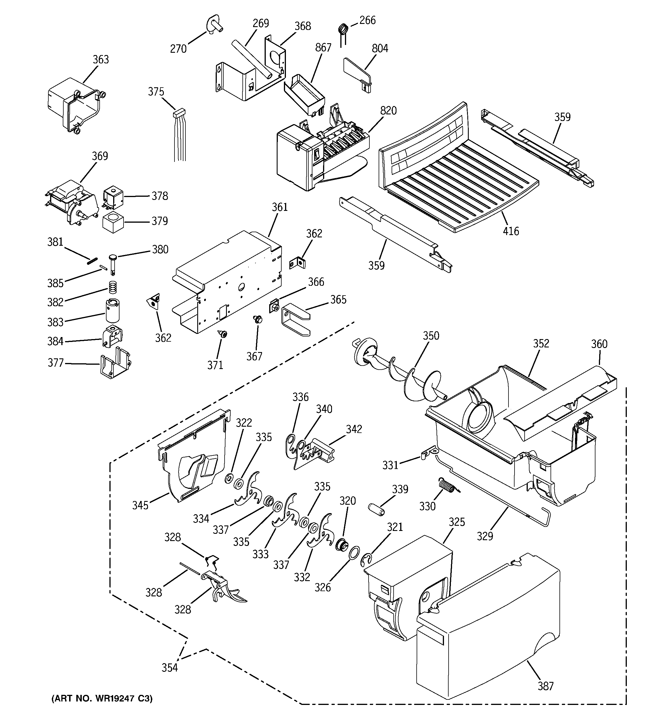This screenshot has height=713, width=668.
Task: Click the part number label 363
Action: (x=101, y=60)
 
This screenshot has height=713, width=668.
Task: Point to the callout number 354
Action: (x=170, y=668)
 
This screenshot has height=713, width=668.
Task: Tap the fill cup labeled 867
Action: (x=304, y=94)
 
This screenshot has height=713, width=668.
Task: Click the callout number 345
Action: (x=140, y=506)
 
